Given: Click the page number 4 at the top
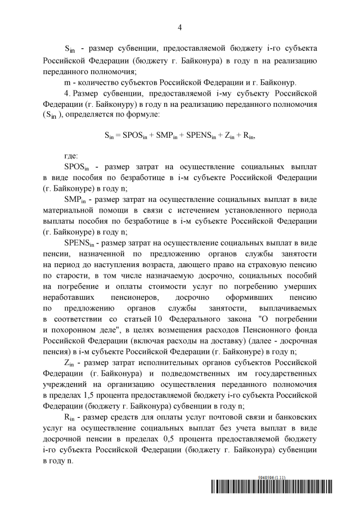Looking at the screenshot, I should coord(180,27).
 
